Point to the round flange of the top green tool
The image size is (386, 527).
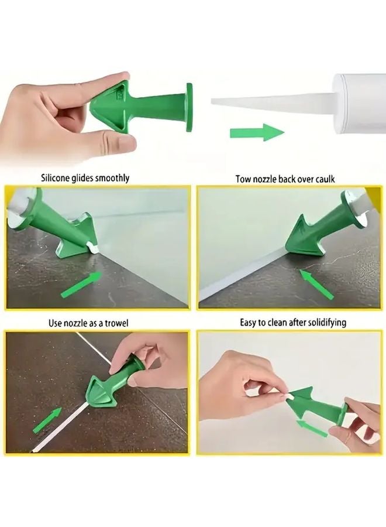tap(189, 107)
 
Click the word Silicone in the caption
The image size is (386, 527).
tap(56, 177)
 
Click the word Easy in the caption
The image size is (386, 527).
tap(249, 323)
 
